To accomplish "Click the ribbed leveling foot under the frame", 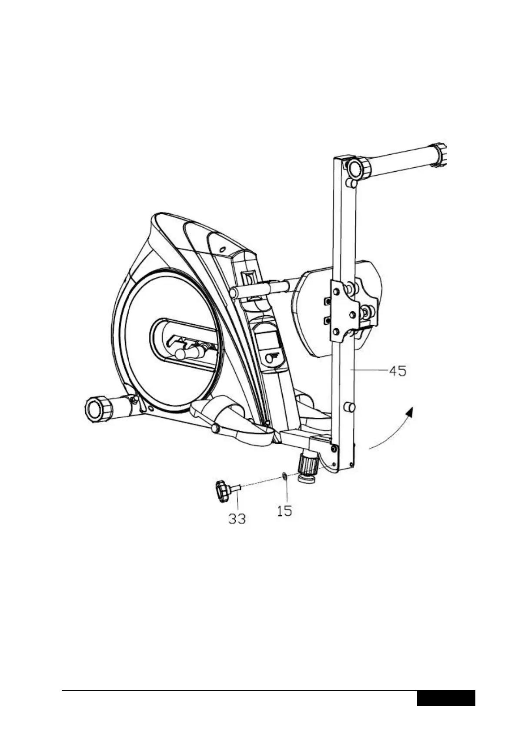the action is coord(307,466).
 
